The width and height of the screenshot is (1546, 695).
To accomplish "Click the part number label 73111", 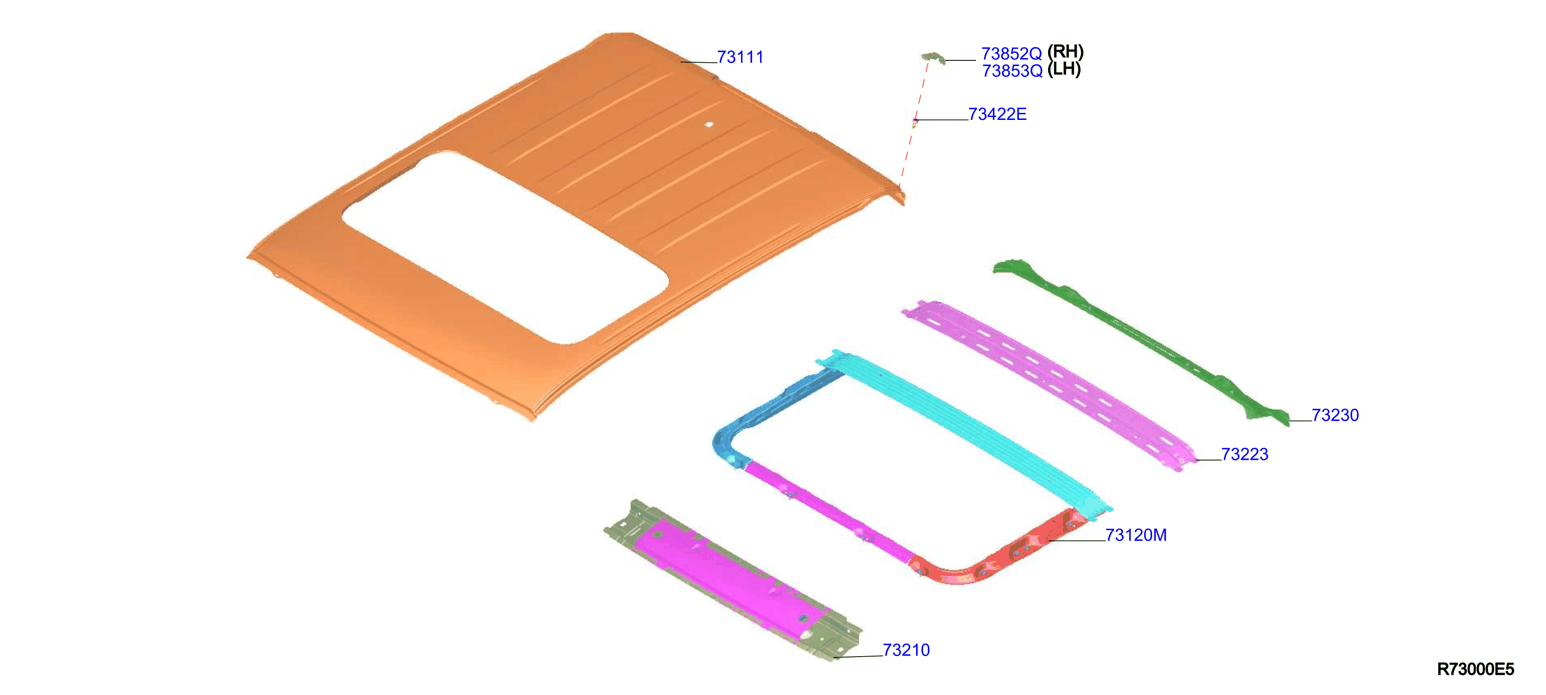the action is tap(740, 57).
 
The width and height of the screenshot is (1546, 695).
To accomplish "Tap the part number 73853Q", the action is tap(1012, 71).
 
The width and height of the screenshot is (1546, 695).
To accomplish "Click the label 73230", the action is tap(1335, 415).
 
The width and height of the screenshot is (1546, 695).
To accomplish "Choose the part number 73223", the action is tap(1245, 454).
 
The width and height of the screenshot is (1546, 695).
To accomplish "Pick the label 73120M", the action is tap(1136, 535).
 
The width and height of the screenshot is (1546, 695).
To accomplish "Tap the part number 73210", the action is tap(906, 650).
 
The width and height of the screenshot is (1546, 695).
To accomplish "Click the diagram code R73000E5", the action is tap(1475, 669).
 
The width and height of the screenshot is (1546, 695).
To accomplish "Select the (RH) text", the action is tap(1065, 52).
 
